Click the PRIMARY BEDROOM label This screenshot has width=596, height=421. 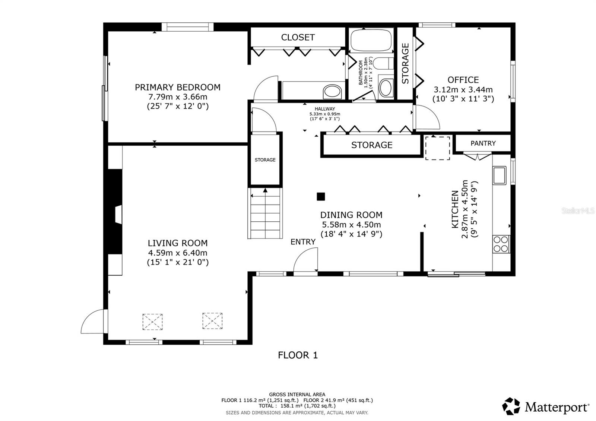[x=177, y=87]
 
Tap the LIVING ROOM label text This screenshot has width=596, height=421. [x=178, y=243]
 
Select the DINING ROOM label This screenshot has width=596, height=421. [x=351, y=215]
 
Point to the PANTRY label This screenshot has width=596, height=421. [x=483, y=143]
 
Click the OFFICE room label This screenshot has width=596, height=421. [x=463, y=80]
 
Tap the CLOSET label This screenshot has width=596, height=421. [x=298, y=37]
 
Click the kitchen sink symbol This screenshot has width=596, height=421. [x=499, y=175]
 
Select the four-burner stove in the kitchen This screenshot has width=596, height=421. [x=501, y=244]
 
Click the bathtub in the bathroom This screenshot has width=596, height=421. [x=371, y=40]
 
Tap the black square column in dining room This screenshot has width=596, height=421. [x=321, y=196]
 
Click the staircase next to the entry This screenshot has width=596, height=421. [x=265, y=214]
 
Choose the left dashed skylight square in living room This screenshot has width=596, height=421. [x=152, y=321]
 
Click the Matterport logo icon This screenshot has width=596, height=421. [x=511, y=406]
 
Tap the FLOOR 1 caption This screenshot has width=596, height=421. [x=298, y=355]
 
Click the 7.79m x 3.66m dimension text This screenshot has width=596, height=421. [x=177, y=97]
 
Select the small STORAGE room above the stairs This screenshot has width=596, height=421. [x=265, y=159]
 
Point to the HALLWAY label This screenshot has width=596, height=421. [x=324, y=109]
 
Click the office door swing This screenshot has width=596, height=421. [x=427, y=117]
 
